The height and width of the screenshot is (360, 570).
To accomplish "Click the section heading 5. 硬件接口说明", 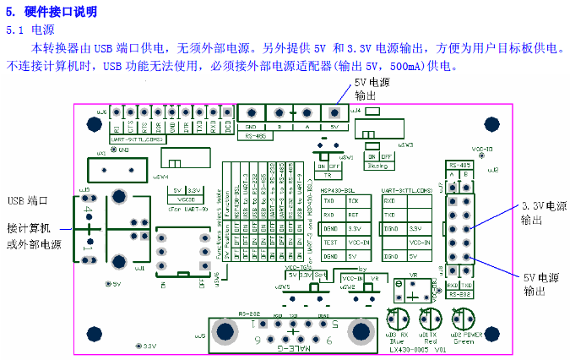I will (52, 12).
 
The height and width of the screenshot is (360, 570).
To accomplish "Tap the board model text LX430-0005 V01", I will (419, 348).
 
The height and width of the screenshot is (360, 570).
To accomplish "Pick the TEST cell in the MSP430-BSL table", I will (329, 242).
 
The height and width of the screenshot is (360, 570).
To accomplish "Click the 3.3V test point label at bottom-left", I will (147, 346).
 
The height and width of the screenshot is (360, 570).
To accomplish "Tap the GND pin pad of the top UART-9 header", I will (173, 112).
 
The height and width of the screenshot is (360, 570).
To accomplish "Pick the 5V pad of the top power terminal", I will (335, 112).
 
